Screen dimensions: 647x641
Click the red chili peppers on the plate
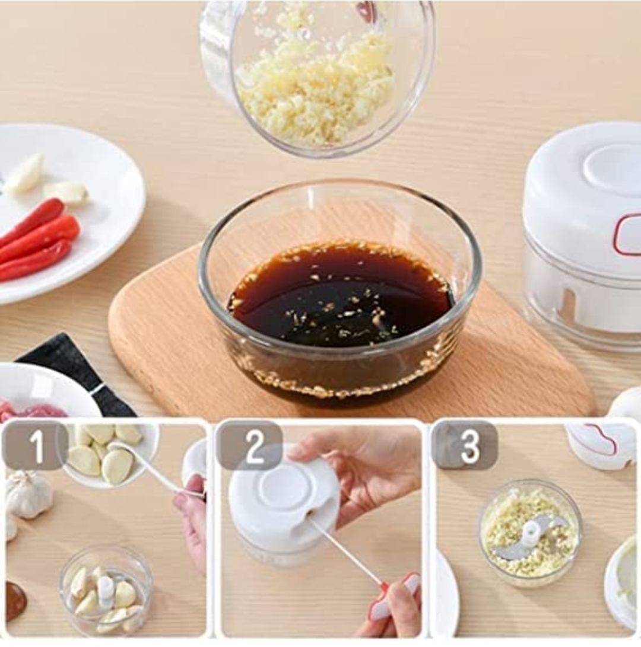click(x=39, y=241)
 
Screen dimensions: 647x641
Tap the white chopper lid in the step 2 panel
click(x=282, y=498)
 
